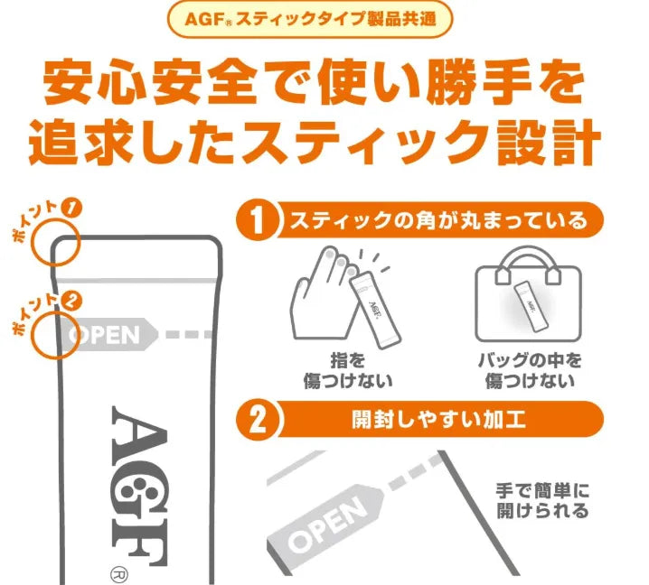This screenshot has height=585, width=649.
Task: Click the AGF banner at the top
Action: (x=310, y=19)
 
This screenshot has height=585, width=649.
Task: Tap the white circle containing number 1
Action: (x=258, y=220)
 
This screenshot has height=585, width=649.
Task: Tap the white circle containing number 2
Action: (x=258, y=420)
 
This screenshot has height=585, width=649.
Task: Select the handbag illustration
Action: (x=528, y=294)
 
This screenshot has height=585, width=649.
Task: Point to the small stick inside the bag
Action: (x=531, y=305)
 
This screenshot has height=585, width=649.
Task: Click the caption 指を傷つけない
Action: (x=348, y=370)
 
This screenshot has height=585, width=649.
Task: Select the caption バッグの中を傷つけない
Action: (x=530, y=370)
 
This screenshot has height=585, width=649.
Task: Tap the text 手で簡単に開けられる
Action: (x=542, y=501)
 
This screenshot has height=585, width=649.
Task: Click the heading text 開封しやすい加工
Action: (x=438, y=420)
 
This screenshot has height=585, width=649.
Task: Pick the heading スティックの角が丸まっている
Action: (x=438, y=220)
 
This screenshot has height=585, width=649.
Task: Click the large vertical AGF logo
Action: (x=140, y=486)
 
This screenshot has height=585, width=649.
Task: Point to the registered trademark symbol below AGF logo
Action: (x=119, y=575)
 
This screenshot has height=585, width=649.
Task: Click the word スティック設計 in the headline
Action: (x=421, y=142)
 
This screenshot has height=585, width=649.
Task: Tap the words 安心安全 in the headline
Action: (x=152, y=81)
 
